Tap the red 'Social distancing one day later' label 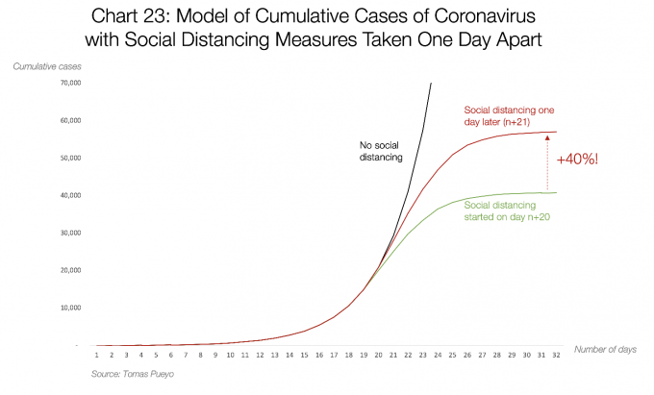click(x=509, y=116)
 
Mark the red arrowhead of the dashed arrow click(x=546, y=138)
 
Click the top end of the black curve click(x=430, y=83)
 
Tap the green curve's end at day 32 click(x=557, y=193)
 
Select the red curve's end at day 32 click(x=557, y=132)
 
